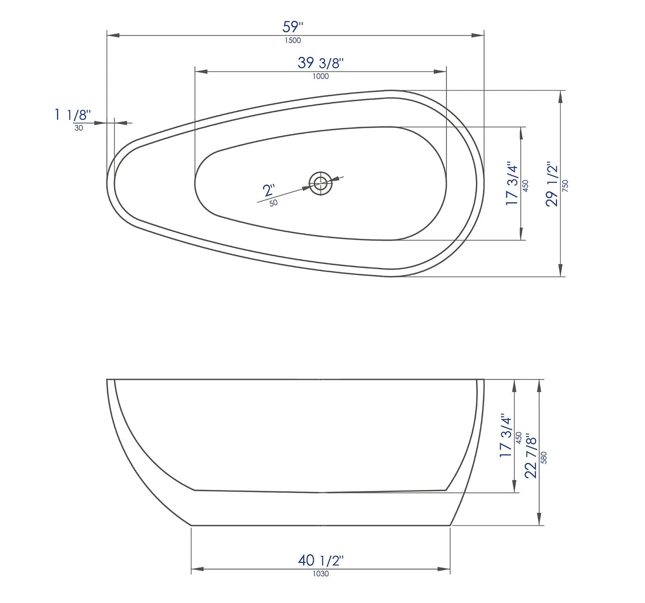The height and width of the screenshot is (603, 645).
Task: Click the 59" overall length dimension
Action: [x=292, y=27]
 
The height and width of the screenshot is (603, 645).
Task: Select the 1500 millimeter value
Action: [x=293, y=41]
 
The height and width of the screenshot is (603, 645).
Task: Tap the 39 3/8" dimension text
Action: [x=320, y=63]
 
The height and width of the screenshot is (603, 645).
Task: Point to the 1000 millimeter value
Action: [x=320, y=76]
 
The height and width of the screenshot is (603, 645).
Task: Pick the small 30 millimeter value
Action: [x=79, y=128]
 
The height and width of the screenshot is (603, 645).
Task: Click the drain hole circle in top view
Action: [x=320, y=183]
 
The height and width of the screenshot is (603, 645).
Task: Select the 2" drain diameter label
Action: [x=268, y=190]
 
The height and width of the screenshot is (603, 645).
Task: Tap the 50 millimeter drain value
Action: [x=274, y=203]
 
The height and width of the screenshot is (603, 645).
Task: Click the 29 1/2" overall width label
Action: [x=552, y=184]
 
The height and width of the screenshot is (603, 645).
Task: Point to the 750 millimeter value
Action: [x=566, y=186]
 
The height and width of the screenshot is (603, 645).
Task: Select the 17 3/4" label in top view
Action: [x=512, y=184]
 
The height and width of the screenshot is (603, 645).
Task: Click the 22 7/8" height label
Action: [x=531, y=455]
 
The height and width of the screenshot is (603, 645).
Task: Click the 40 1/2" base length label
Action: [x=320, y=560]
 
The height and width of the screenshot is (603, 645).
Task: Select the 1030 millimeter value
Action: [x=320, y=574]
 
